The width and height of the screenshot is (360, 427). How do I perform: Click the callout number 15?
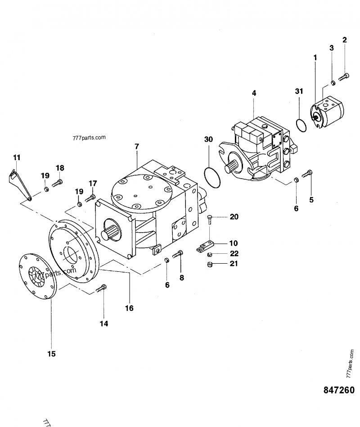[x=51, y=354]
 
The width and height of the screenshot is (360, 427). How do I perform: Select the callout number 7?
[x=136, y=146]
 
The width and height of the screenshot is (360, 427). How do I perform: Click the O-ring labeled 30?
[x=212, y=177]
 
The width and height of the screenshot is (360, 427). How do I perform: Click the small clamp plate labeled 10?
[x=205, y=246]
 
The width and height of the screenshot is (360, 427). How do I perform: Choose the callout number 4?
[x=254, y=93]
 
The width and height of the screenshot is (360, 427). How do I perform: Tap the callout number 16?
[x=129, y=308]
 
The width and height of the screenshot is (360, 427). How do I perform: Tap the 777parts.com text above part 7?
[x=88, y=137]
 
